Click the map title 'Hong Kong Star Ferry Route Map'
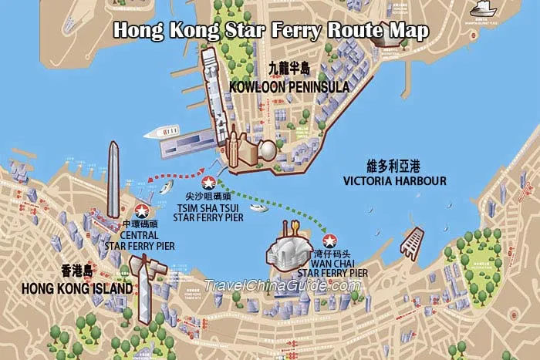(271, 32)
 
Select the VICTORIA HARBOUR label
(395, 181)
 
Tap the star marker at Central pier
(142, 210)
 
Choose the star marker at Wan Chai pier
(329, 241)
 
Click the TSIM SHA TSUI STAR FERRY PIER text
(208, 213)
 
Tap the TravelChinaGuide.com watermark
(282, 286)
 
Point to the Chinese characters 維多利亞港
(395, 166)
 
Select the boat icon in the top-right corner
(483, 8)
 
